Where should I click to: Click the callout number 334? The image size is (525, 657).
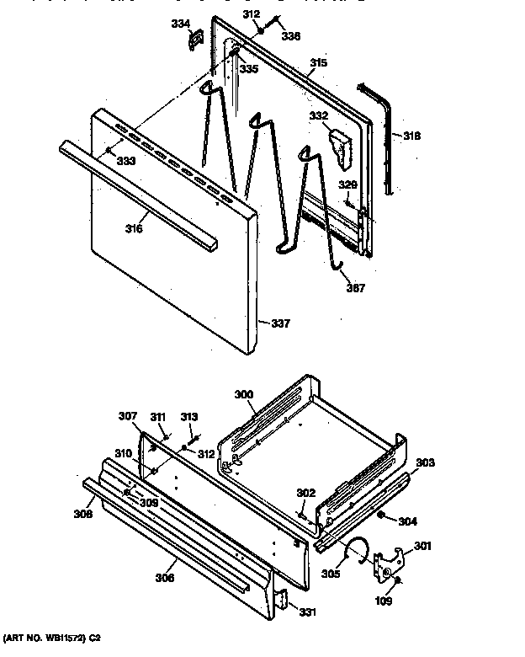pyautogui.click(x=180, y=24)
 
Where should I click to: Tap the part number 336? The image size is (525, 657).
pyautogui.click(x=290, y=36)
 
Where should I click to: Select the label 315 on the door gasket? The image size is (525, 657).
pyautogui.click(x=318, y=62)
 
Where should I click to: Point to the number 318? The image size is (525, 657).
pyautogui.click(x=411, y=136)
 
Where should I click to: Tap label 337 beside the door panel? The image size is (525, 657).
pyautogui.click(x=281, y=323)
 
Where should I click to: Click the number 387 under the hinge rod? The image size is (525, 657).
pyautogui.click(x=355, y=287)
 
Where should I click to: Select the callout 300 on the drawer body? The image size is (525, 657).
pyautogui.click(x=243, y=394)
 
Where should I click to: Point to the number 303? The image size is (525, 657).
pyautogui.click(x=426, y=462)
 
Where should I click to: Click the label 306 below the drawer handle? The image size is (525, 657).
pyautogui.click(x=165, y=577)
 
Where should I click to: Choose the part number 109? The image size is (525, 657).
pyautogui.click(x=384, y=601)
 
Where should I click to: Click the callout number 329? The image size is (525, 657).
pyautogui.click(x=347, y=184)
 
